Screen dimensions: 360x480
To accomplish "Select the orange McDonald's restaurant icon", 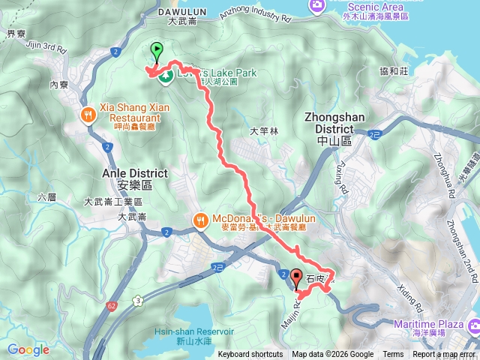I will pyautogui.click(x=200, y=220).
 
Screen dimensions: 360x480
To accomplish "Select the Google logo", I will pyautogui.click(x=28, y=349).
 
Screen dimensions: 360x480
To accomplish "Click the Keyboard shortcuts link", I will pyautogui.click(x=250, y=355).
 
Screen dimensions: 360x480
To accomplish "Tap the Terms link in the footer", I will pyautogui.click(x=393, y=355).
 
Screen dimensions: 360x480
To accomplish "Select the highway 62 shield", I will pyautogui.click(x=111, y=285).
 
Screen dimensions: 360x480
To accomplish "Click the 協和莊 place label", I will pyautogui.click(x=393, y=71).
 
